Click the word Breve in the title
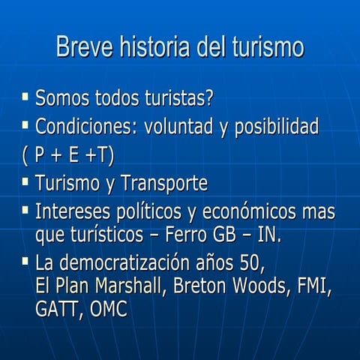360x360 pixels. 80,46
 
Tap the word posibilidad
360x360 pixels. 277,127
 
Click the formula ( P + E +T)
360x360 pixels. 68,155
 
